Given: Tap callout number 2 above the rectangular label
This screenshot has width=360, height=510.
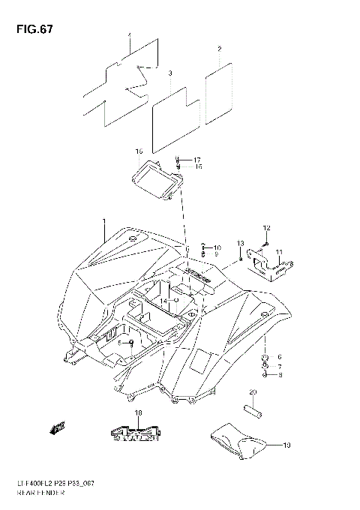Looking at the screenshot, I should coord(219,49).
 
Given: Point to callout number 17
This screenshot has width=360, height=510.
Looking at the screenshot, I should coord(198,160).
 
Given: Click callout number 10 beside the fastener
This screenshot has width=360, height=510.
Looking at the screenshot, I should coord(217,247).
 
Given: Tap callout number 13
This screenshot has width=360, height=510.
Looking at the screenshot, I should coord(241,243).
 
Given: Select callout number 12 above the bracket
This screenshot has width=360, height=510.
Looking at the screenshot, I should coord(265,228).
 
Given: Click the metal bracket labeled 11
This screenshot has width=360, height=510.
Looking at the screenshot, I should coord(268,264).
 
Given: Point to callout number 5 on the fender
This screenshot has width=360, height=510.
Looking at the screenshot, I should coord(118,343).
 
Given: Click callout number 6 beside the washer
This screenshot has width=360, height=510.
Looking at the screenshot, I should coord(279,356).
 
